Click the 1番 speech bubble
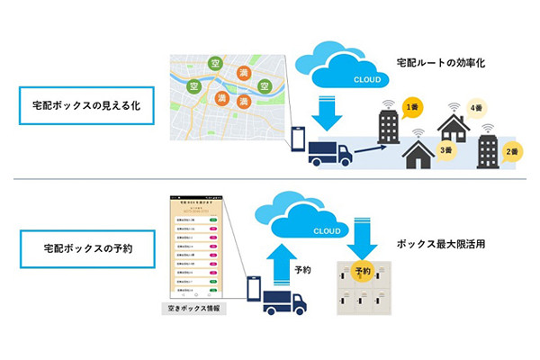(413, 108)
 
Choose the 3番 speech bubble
(445, 148)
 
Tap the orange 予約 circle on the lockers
(363, 270)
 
